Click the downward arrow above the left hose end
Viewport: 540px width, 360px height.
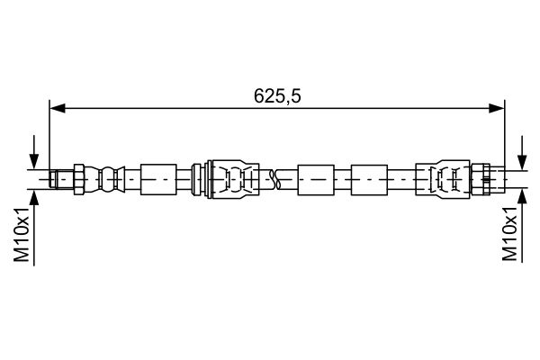pos(35,156)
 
